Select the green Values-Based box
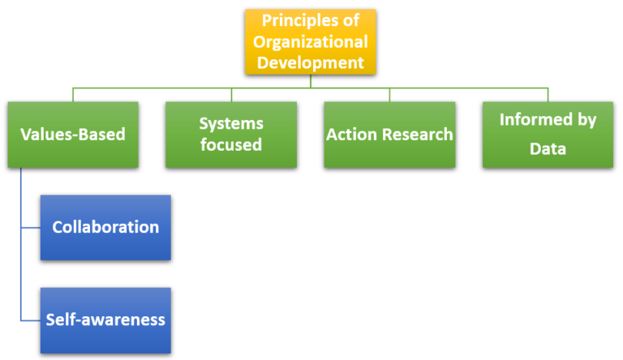pos(72,134)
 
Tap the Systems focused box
pos(231,134)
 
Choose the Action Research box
pos(389,134)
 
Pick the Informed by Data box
pos(548,134)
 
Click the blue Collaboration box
pos(105,227)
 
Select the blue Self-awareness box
pos(105,319)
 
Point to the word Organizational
pos(311,41)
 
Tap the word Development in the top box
pos(311,62)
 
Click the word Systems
pos(231,123)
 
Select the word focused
pos(231,145)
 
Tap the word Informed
pos(548,120)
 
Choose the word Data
pos(548,148)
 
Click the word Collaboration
pos(105,227)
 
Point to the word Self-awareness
pos(105,319)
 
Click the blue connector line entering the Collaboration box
pos(30,227)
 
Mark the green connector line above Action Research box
pos(389,94)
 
